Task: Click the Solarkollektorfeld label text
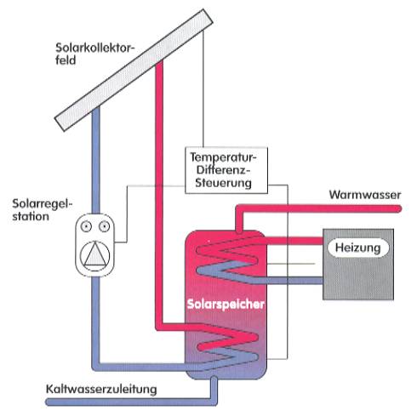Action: pyautogui.click(x=94, y=54)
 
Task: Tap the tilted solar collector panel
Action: pyautogui.click(x=134, y=70)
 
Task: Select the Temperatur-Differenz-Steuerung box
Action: pyautogui.click(x=226, y=170)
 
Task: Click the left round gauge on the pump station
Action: pyautogui.click(x=86, y=226)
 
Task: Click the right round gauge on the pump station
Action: pyautogui.click(x=104, y=226)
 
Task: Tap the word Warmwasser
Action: pyautogui.click(x=365, y=195)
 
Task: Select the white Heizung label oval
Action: pyautogui.click(x=358, y=248)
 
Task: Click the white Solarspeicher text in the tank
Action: pyautogui.click(x=226, y=304)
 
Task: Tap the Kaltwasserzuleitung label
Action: pyautogui.click(x=101, y=389)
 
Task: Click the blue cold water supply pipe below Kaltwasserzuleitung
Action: pyautogui.click(x=130, y=402)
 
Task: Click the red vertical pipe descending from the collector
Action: pyautogui.click(x=159, y=196)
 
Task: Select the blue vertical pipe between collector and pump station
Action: pyautogui.click(x=96, y=160)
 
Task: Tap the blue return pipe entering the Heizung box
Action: pyautogui.click(x=287, y=281)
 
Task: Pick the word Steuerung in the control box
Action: pyautogui.click(x=223, y=183)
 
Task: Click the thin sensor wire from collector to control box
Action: pyautogui.click(x=203, y=88)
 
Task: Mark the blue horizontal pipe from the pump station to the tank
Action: pyautogui.click(x=142, y=367)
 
